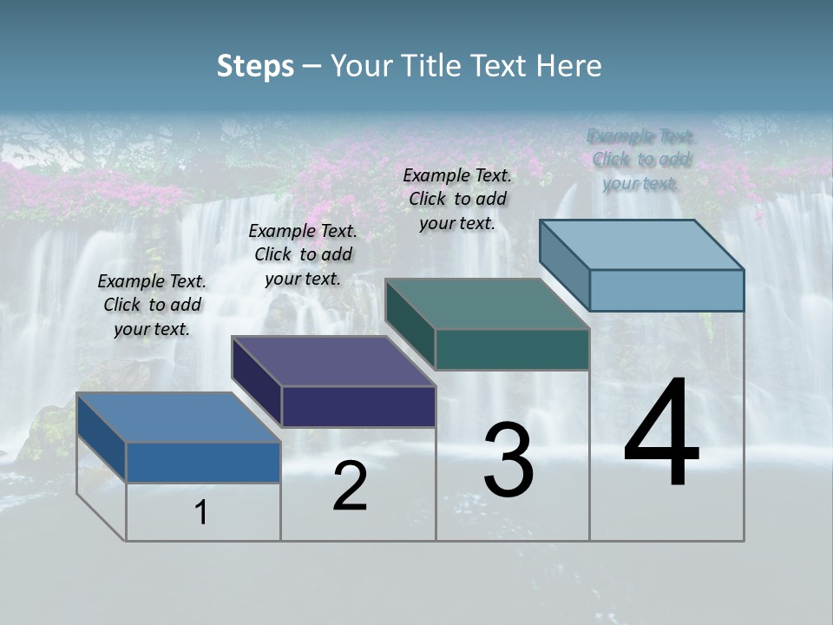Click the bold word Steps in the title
click(255, 66)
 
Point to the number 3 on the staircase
click(508, 460)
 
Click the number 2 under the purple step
click(350, 486)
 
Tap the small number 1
click(201, 513)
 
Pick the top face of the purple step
click(333, 361)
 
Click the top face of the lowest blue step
click(179, 418)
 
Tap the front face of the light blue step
click(666, 290)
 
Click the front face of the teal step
click(512, 349)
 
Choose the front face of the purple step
click(358, 406)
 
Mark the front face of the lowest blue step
click(203, 462)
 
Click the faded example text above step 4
click(641, 160)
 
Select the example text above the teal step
click(457, 199)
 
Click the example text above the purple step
click(303, 254)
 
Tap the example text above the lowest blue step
click(152, 305)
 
